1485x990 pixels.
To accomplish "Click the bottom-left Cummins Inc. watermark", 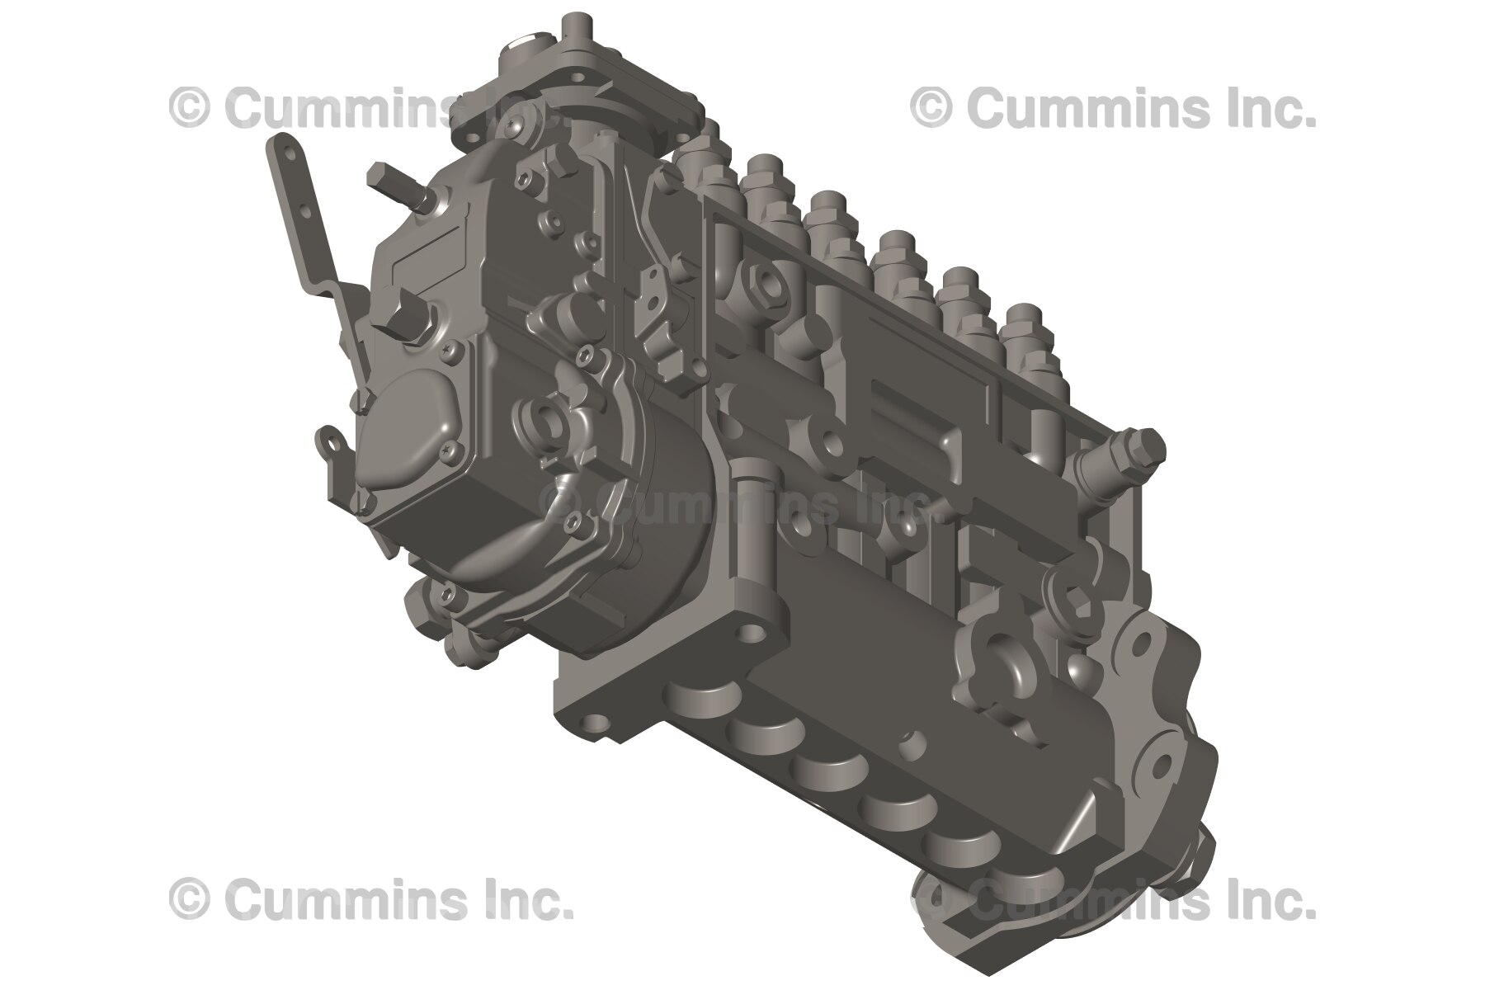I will pos(371,898).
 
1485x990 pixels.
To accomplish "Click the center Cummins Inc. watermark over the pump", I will pos(734,503).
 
